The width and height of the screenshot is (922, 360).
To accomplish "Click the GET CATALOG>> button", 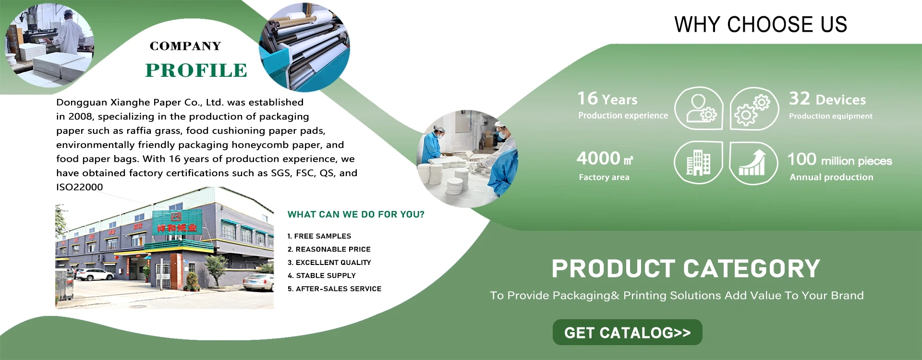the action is tap(627, 332).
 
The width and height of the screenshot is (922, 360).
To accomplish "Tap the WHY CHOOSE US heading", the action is tap(761, 24).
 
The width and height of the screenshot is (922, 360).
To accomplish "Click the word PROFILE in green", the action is tap(196, 70).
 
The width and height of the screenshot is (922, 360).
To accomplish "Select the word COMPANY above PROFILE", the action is tap(185, 46).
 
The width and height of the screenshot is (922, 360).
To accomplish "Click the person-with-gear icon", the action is tap(699, 108).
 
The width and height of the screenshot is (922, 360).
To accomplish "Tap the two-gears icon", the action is tap(754, 108).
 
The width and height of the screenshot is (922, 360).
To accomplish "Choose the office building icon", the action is tap(698, 163).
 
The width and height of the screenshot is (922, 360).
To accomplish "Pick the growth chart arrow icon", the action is tap(753, 163).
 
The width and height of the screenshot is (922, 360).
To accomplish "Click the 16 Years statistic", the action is tap(607, 99).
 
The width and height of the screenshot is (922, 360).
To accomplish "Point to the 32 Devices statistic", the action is tap(827, 99).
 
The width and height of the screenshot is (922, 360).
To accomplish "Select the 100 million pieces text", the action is tap(839, 159).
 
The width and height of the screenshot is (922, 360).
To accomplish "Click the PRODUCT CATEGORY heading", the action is tap(686, 269).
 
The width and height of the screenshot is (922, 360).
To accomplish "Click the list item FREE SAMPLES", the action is tap(319, 236).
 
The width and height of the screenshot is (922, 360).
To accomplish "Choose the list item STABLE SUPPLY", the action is tap(322, 276).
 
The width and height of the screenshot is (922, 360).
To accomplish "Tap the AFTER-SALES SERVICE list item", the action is tap(334, 288).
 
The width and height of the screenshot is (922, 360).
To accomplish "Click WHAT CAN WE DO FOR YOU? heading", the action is tap(356, 215).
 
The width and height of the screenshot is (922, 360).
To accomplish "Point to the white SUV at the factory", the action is tap(96, 275).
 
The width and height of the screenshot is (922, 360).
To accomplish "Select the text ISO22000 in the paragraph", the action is tap(79, 187).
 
